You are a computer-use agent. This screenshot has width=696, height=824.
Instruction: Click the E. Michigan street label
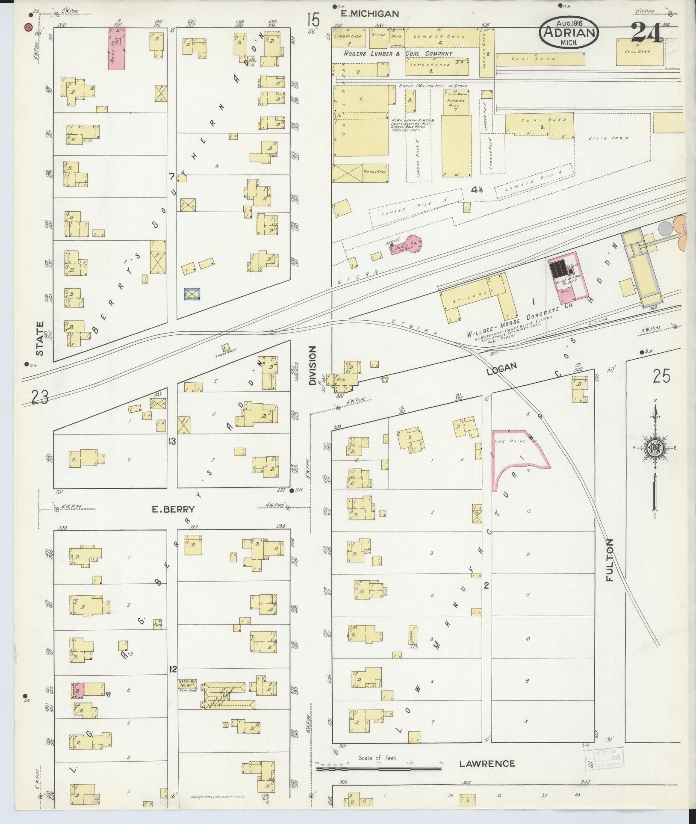pyautogui.click(x=369, y=14)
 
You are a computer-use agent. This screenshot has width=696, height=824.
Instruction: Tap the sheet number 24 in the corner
pyautogui.click(x=646, y=32)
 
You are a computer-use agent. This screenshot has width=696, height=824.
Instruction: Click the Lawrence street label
pyautogui.click(x=487, y=763)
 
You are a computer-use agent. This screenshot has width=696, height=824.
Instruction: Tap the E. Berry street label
pyautogui.click(x=173, y=509)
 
